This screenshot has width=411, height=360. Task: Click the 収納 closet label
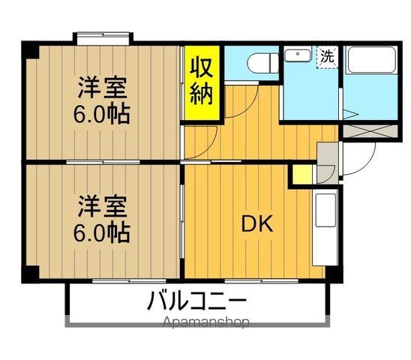(204, 82)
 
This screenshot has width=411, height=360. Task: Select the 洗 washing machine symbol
(327, 55)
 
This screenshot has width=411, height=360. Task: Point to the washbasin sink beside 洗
(299, 55)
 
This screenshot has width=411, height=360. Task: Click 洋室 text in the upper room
(103, 88)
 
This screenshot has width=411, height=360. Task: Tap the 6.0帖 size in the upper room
(103, 114)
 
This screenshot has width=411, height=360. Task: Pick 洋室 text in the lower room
(103, 205)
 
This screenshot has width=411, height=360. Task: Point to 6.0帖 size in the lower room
(103, 230)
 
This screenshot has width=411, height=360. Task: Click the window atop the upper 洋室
(103, 35)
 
